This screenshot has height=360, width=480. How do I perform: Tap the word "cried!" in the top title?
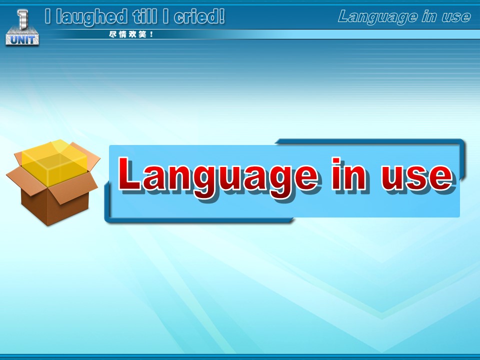[x=199, y=16]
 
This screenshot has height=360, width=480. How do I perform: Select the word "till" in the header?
[x=145, y=16]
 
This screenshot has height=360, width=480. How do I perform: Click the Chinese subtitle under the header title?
[x=131, y=34]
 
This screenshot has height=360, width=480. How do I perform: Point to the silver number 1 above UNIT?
[x=23, y=19]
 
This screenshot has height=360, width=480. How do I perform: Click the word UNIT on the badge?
[x=22, y=39]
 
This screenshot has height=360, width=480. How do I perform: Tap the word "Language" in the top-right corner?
[x=377, y=17]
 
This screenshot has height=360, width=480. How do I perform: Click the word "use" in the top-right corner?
[x=456, y=17]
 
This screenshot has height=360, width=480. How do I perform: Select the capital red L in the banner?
[x=129, y=173]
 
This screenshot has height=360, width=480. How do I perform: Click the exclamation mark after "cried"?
[x=221, y=16]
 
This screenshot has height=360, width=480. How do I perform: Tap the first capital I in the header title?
[x=47, y=16]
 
